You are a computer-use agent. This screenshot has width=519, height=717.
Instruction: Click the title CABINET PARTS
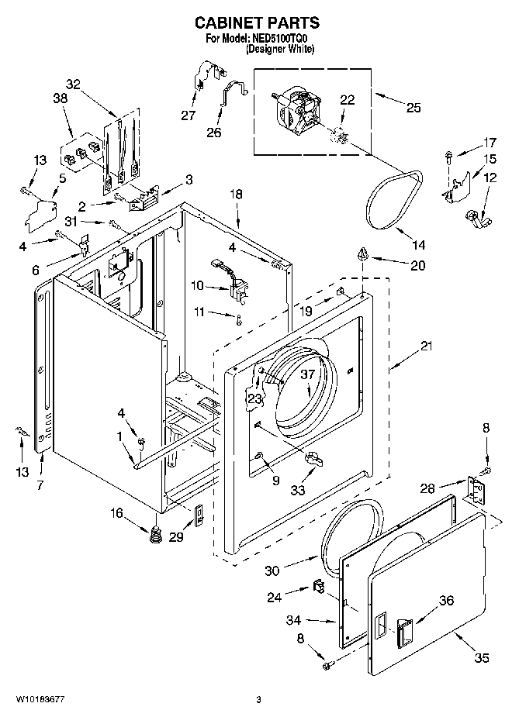tap(255, 24)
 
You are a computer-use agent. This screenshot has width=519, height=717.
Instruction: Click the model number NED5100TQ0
tap(286, 38)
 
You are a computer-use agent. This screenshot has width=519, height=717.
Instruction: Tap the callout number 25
tap(413, 108)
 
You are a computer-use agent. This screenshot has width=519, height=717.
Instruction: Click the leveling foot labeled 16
tap(154, 534)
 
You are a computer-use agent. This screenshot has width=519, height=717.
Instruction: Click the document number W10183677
tap(37, 701)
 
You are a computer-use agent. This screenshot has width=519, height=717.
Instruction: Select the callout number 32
tap(73, 84)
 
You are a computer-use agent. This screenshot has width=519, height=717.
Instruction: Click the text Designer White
tap(280, 49)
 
